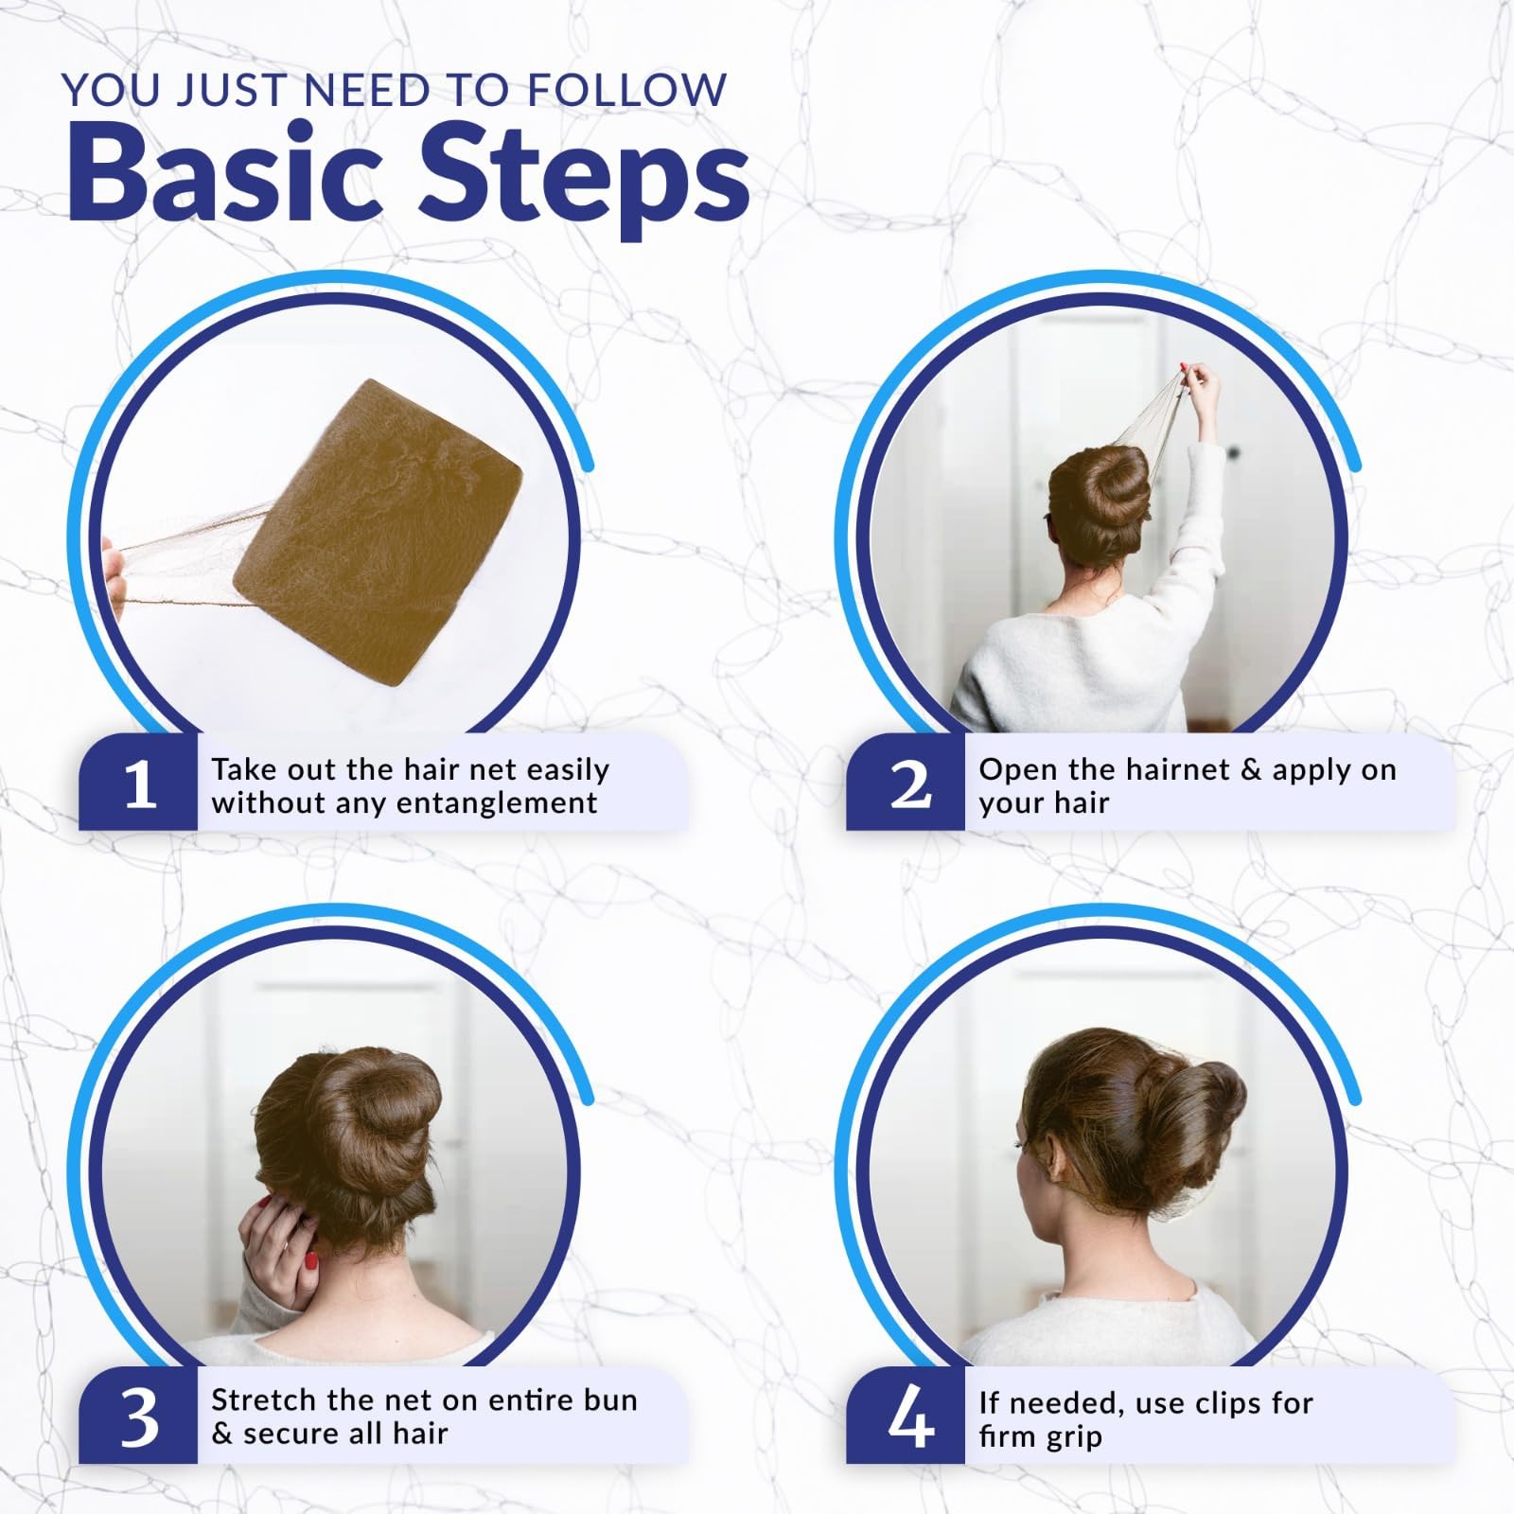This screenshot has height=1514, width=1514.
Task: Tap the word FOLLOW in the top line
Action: point(626,90)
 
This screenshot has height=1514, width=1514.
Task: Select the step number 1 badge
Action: point(139,783)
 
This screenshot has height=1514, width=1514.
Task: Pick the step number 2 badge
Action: point(907,783)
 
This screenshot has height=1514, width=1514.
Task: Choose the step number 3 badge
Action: point(139,1416)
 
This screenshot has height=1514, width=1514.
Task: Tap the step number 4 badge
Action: point(907,1416)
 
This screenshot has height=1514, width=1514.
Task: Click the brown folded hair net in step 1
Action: point(378,533)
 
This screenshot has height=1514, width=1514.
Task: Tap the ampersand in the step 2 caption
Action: point(1251,769)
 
